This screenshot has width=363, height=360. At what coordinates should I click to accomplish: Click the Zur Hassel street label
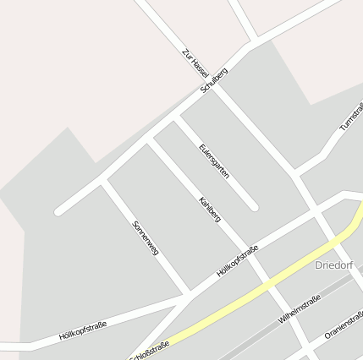(195, 64)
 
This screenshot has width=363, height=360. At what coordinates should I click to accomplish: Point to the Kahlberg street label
(209, 210)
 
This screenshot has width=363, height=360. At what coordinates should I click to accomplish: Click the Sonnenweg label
(146, 237)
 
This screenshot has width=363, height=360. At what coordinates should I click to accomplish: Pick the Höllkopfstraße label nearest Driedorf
(237, 262)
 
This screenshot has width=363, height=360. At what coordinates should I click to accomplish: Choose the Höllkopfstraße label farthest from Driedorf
(82, 330)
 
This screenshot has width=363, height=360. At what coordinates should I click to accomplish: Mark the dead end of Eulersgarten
(253, 205)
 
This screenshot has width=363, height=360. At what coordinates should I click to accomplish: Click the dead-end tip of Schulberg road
(58, 211)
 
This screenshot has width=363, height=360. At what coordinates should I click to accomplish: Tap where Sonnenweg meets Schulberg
(103, 181)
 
